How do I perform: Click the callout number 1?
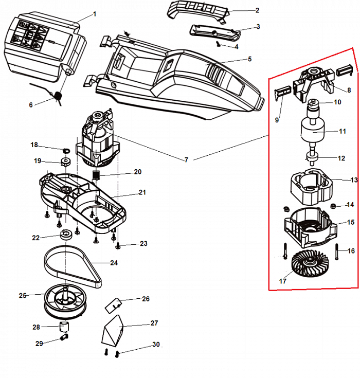[x=95, y=14]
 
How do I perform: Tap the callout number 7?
[x=186, y=160]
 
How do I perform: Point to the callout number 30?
[x=156, y=345]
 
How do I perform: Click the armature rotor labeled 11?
[x=313, y=131]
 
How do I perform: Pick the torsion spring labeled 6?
[x=58, y=96]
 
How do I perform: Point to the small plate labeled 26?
[x=113, y=305]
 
